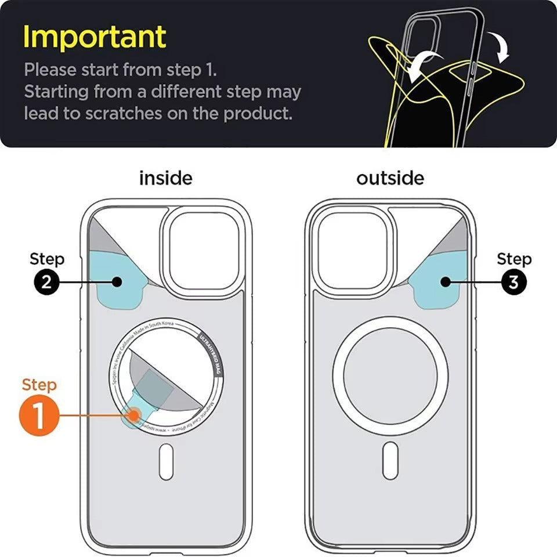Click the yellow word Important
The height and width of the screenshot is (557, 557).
[95, 37]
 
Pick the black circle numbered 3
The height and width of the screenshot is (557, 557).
[513, 282]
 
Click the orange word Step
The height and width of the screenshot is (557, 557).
[39, 385]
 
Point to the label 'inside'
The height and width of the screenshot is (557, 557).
[165, 178]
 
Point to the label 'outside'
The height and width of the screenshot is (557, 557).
[390, 178]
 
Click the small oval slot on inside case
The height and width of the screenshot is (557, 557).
[166, 461]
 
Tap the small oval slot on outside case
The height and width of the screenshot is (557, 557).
[390, 460]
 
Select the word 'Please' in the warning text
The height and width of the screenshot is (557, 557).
[50, 70]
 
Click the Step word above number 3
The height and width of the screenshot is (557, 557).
[514, 259]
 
